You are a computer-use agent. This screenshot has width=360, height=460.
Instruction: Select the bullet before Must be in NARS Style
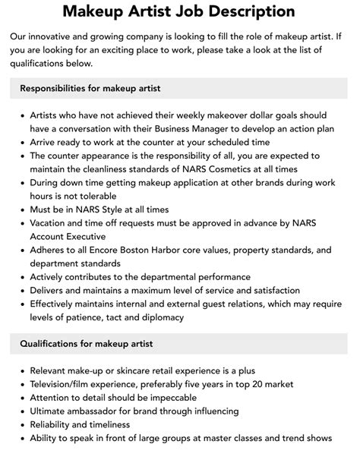[22, 209]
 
